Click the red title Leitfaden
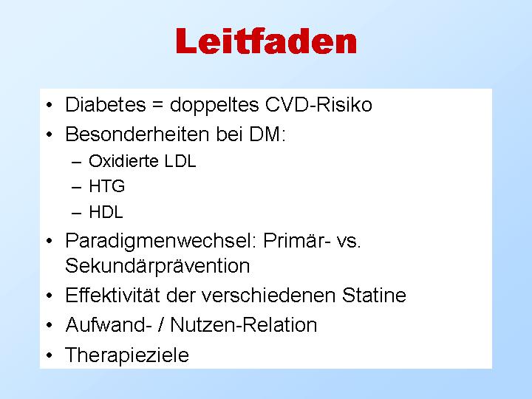tap(266, 41)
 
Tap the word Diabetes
tap(106, 104)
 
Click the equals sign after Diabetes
tap(158, 105)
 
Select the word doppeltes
tap(214, 106)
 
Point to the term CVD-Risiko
tap(318, 104)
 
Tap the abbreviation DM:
tap(267, 134)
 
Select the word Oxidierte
tap(123, 161)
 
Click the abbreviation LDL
tap(180, 161)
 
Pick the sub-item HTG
tap(107, 186)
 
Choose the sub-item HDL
tap(106, 212)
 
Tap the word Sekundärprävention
tap(157, 266)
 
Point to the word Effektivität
tap(112, 295)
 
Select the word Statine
tap(374, 295)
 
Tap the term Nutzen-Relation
tap(244, 324)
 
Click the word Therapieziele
tap(127, 355)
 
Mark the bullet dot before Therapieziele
tap(50, 355)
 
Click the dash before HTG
tap(77, 187)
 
